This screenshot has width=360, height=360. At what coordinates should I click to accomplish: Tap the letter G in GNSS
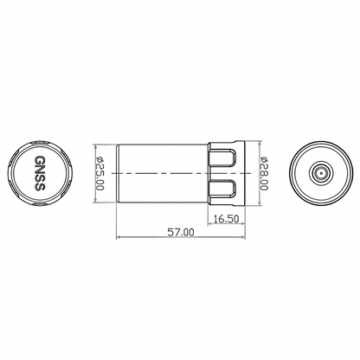pos(41,162)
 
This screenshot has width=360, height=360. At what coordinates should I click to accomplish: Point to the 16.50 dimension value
pos(226,219)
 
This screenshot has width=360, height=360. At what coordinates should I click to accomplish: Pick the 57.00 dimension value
pos(181,233)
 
